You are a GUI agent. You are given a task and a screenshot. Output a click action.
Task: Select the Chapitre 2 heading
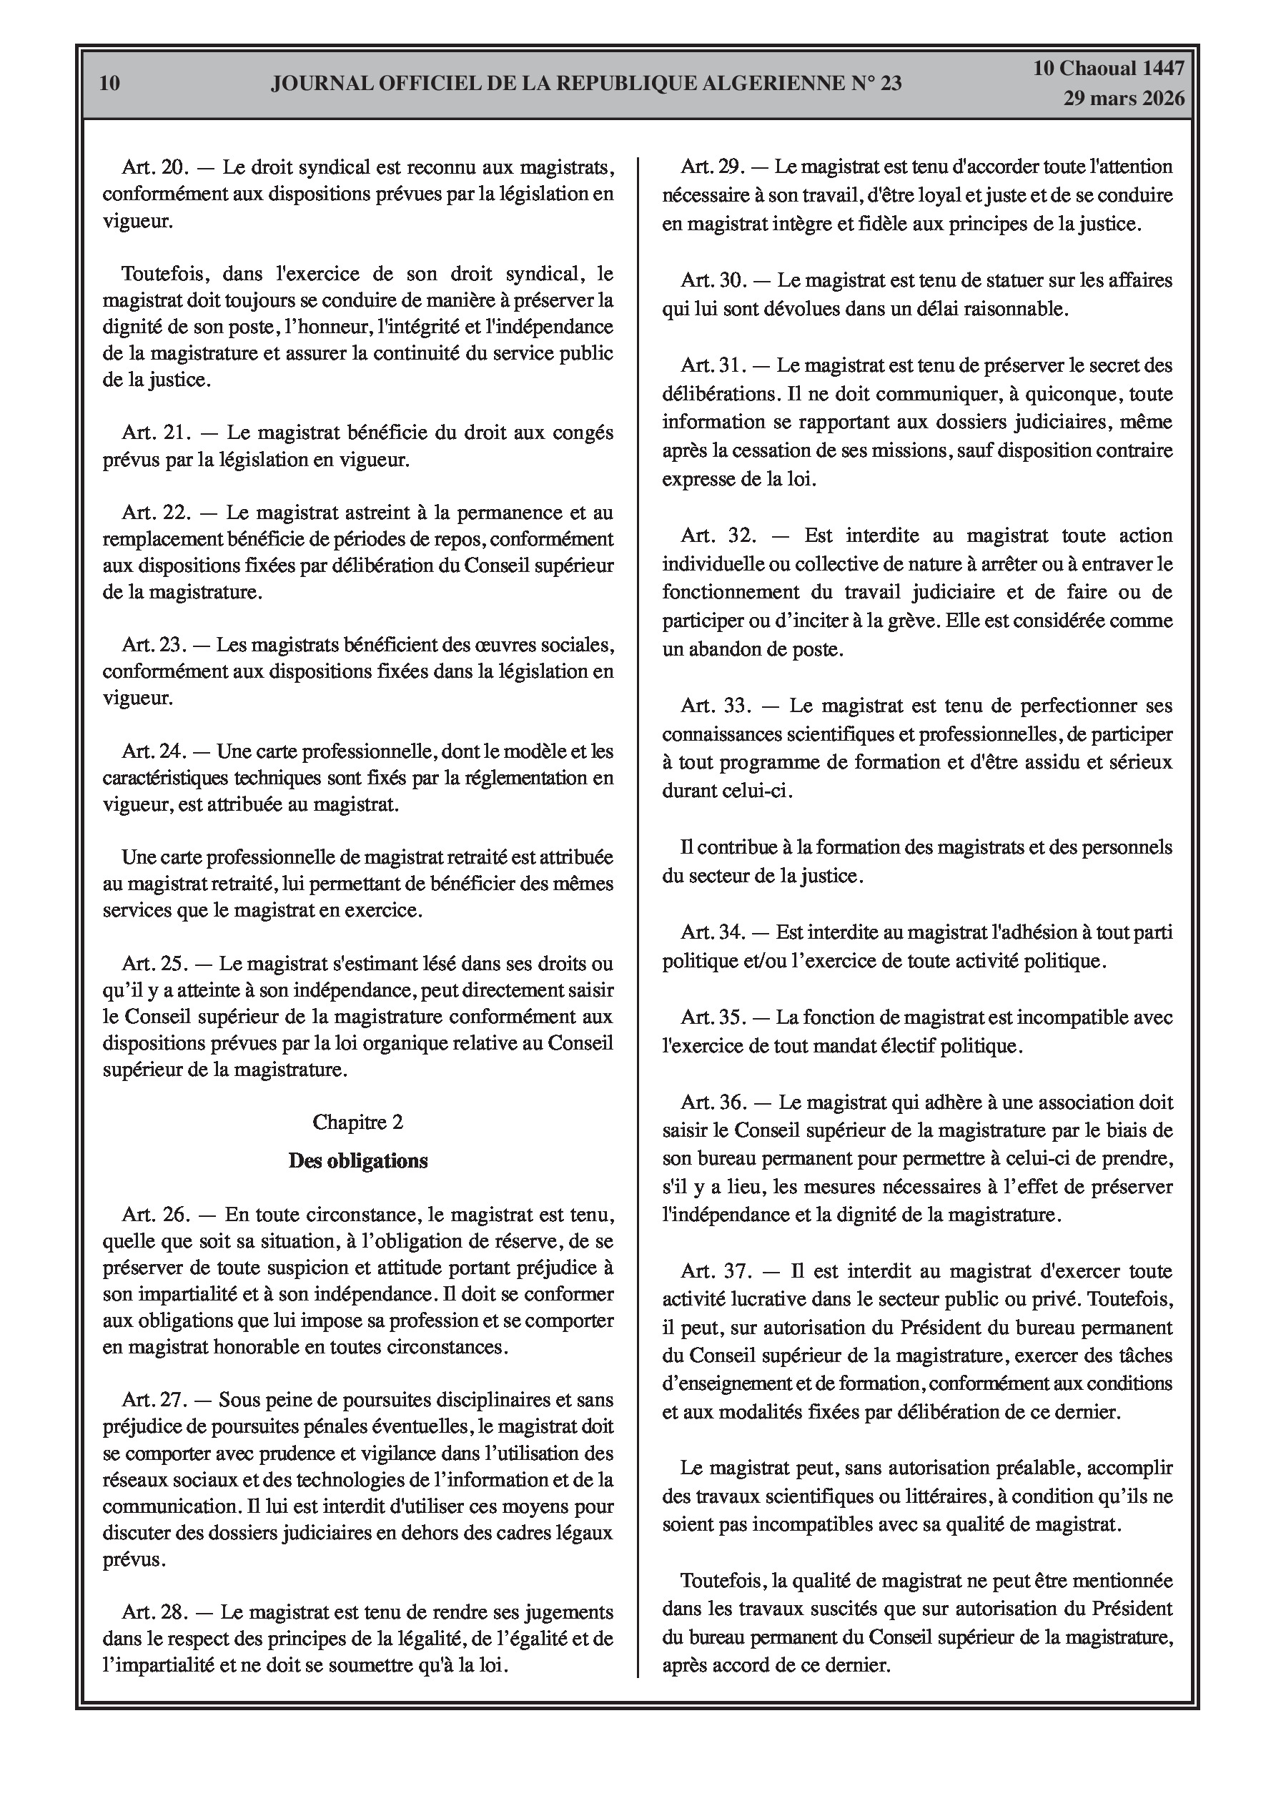point(358,1122)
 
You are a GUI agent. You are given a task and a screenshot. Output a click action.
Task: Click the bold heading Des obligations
point(358,1161)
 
